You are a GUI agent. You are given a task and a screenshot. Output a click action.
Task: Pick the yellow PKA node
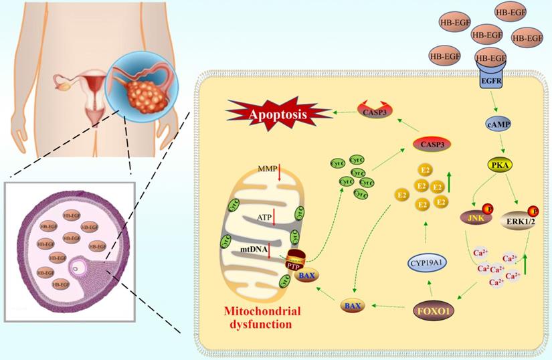coord(499,164)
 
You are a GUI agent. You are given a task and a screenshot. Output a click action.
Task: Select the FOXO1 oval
coord(432,312)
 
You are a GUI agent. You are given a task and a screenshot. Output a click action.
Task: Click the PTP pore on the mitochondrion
coord(297,261)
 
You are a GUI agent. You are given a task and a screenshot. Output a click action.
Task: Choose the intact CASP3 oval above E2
coord(431,143)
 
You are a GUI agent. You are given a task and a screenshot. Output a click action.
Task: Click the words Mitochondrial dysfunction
coord(254,318)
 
